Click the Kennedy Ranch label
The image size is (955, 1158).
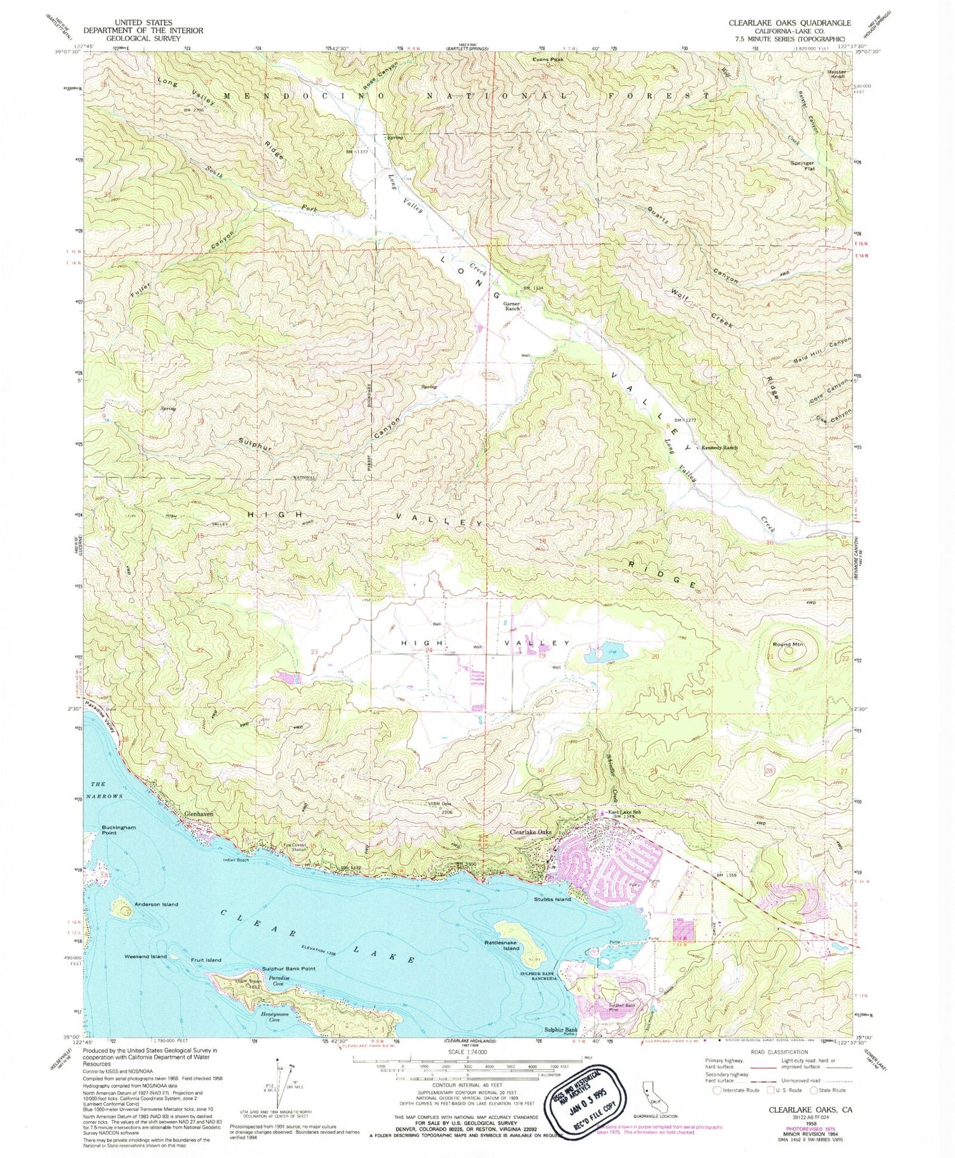[x=719, y=447]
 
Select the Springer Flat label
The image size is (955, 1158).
[x=802, y=166]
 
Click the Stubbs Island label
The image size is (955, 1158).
[x=552, y=899]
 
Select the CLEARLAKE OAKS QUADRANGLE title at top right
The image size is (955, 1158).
[x=789, y=23]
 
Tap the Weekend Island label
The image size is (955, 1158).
[x=145, y=956]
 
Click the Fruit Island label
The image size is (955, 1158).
[x=206, y=959]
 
